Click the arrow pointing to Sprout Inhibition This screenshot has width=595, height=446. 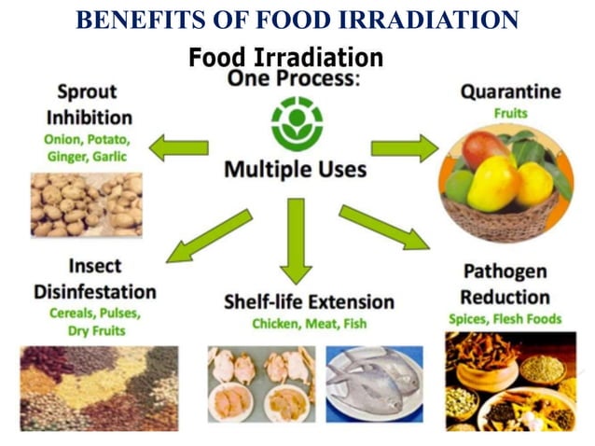coord(179,146)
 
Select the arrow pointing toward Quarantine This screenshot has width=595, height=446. coord(404,147)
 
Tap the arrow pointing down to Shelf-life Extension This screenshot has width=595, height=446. coord(296,240)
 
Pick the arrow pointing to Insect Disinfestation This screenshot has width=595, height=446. coord(210,236)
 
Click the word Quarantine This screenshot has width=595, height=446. coord(511,92)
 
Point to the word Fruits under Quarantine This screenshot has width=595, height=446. coord(511,114)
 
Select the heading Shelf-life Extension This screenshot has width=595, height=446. coord(309,301)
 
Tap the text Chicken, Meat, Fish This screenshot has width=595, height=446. coord(309,324)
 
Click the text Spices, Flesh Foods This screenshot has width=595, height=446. coord(505,319)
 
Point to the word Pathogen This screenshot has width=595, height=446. coord(505,272)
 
